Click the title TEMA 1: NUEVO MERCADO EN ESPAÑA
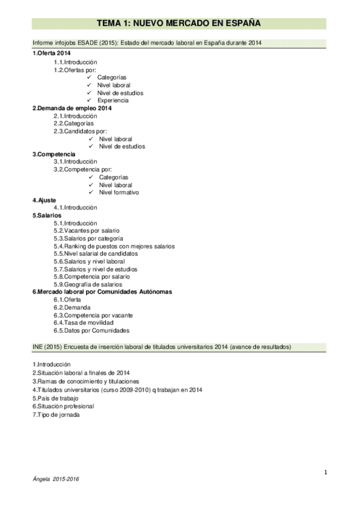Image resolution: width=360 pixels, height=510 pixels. tap(178, 23)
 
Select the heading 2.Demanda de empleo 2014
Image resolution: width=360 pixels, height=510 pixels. tap(72, 108)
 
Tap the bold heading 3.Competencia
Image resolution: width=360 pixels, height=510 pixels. tap(53, 154)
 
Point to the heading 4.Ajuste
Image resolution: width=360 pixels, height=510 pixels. tap(44, 200)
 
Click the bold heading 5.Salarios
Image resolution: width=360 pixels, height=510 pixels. tap(47, 215)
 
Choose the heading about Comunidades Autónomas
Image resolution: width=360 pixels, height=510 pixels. tap(102, 292)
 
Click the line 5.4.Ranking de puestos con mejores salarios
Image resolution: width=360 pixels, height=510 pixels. tap(114, 246)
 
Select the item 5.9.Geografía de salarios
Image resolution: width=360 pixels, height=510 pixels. tap(88, 284)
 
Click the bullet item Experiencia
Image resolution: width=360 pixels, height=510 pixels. tap(112, 100)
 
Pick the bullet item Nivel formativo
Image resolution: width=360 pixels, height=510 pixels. tap(118, 193)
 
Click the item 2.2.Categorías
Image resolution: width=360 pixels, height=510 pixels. tap(73, 123)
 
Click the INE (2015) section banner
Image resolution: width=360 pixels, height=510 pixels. tap(162, 347)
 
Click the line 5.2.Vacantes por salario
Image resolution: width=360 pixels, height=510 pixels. tap(87, 231)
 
